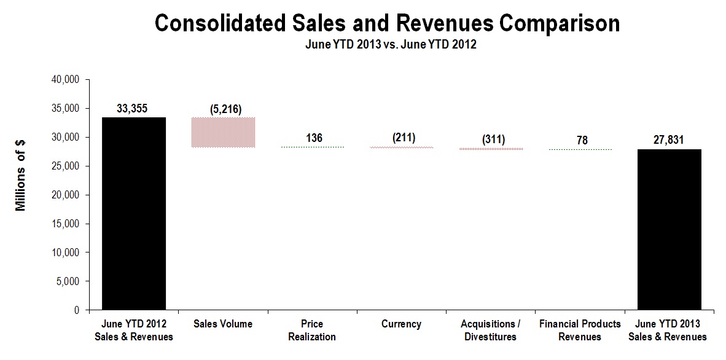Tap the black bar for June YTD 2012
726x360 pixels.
click(134, 214)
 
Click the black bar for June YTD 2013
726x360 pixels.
click(669, 230)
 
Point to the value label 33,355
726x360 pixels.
click(134, 108)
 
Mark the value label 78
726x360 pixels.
click(580, 141)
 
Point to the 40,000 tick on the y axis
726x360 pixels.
click(68, 80)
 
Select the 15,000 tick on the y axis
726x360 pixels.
click(68, 224)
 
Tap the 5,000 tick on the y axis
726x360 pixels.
click(70, 282)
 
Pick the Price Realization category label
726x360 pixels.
click(313, 330)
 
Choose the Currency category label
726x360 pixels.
click(402, 324)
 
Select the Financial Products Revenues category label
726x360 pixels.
click(580, 330)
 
